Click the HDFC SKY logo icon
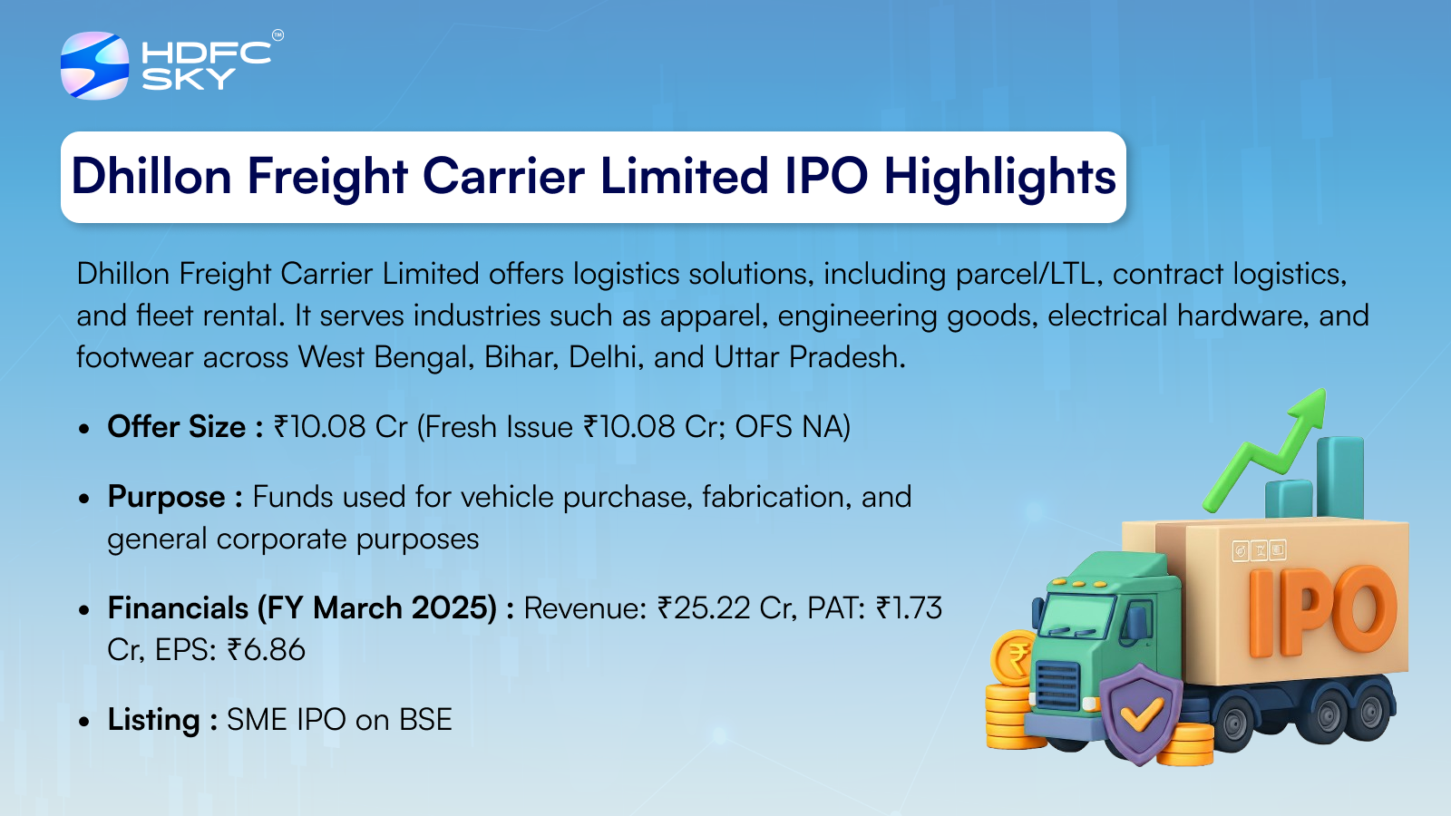[x=94, y=65]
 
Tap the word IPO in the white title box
[x=826, y=176]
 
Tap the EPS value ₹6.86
[x=266, y=649]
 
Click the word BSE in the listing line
[x=425, y=720]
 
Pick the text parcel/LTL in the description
[x=1029, y=274]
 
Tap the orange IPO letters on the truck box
[x=1321, y=611]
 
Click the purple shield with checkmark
[x=1141, y=713]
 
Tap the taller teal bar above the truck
[x=1340, y=477]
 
